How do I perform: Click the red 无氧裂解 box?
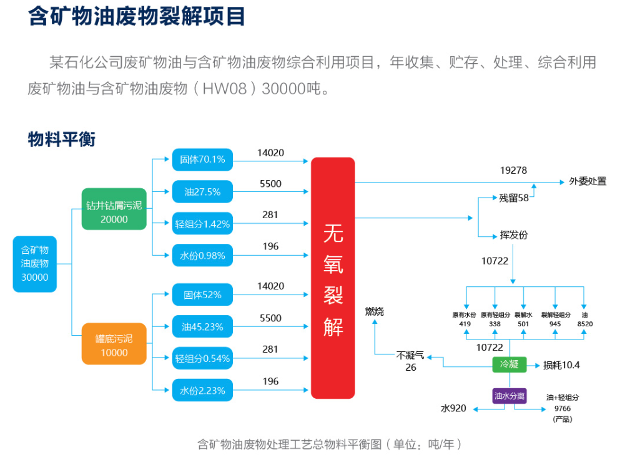333,278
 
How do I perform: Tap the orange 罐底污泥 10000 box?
114,345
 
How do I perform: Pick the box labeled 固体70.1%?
202,159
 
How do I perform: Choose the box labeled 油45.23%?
202,326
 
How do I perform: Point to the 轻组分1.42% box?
202,223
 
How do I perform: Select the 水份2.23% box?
202,391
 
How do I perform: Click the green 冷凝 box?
509,364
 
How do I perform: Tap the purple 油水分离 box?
509,396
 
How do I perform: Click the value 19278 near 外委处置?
513,170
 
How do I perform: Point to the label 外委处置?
587,181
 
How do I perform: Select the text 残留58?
514,198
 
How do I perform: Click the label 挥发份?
513,235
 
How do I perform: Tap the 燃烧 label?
375,311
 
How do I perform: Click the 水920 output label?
453,408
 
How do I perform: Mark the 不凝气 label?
410,356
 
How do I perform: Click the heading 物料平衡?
61,139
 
